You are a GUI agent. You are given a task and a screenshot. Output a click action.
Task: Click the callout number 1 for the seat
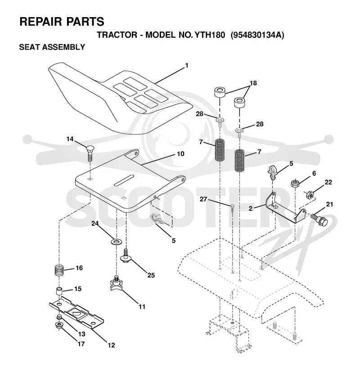187,65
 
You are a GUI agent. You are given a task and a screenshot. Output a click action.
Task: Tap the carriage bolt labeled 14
89,153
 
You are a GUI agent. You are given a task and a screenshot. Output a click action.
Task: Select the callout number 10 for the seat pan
180,154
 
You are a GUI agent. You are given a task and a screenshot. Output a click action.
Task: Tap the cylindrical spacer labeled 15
59,291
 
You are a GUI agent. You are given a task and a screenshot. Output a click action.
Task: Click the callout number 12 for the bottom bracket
111,345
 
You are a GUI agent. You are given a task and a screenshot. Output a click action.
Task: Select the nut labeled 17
58,326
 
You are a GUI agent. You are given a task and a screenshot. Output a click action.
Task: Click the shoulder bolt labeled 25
126,255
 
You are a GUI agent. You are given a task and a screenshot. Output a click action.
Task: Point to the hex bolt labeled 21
319,219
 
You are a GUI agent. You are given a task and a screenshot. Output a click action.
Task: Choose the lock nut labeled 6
295,183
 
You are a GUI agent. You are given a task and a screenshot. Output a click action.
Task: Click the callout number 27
203,199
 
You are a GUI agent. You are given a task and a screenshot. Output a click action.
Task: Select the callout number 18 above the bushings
253,83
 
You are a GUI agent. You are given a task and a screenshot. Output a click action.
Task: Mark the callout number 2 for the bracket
251,208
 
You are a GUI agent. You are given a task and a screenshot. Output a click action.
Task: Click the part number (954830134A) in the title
257,35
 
